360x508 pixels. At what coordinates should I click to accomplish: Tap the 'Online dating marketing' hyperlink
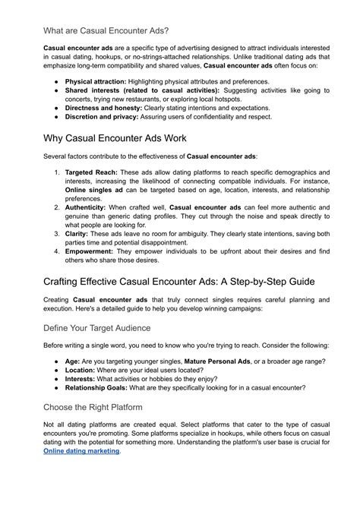81,450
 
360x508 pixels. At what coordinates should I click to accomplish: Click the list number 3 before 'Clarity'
56,235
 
